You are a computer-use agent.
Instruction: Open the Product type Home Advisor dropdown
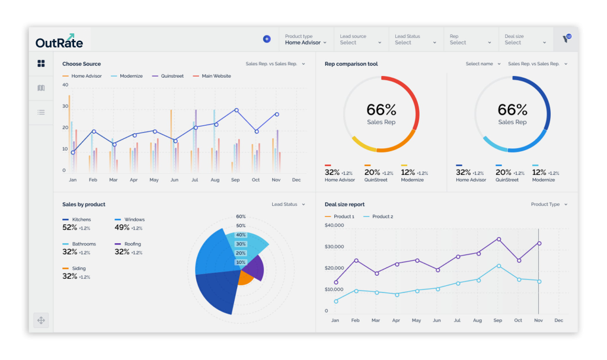306,40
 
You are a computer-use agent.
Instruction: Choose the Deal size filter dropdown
525,40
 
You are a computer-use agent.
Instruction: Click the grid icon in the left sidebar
41,63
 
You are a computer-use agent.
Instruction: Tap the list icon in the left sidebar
41,112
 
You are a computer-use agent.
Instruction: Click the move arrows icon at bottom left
41,320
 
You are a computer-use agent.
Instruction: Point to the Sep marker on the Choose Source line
236,110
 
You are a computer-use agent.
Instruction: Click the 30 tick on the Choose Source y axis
65,106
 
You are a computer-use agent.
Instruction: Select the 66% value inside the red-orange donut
381,110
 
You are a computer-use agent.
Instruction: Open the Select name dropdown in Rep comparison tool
483,64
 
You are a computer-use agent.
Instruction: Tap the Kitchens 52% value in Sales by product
70,228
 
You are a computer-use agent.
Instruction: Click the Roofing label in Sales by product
132,244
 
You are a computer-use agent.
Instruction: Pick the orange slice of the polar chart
244,278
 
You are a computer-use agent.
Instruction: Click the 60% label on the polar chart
241,216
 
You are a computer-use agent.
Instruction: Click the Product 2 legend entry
378,216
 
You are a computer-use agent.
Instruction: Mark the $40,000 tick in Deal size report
334,225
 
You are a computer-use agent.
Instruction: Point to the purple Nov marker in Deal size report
539,243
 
